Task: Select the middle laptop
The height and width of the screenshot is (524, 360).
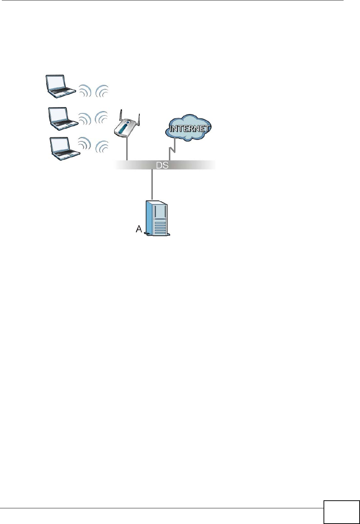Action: [63, 118]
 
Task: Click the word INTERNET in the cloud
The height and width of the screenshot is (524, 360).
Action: [190, 129]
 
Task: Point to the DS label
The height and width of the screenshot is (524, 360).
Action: [162, 165]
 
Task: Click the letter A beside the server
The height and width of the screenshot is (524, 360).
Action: [139, 229]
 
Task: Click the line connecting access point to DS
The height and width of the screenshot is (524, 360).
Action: [127, 150]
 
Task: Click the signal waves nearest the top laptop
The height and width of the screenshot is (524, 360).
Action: [85, 91]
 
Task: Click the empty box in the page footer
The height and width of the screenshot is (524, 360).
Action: [341, 512]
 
